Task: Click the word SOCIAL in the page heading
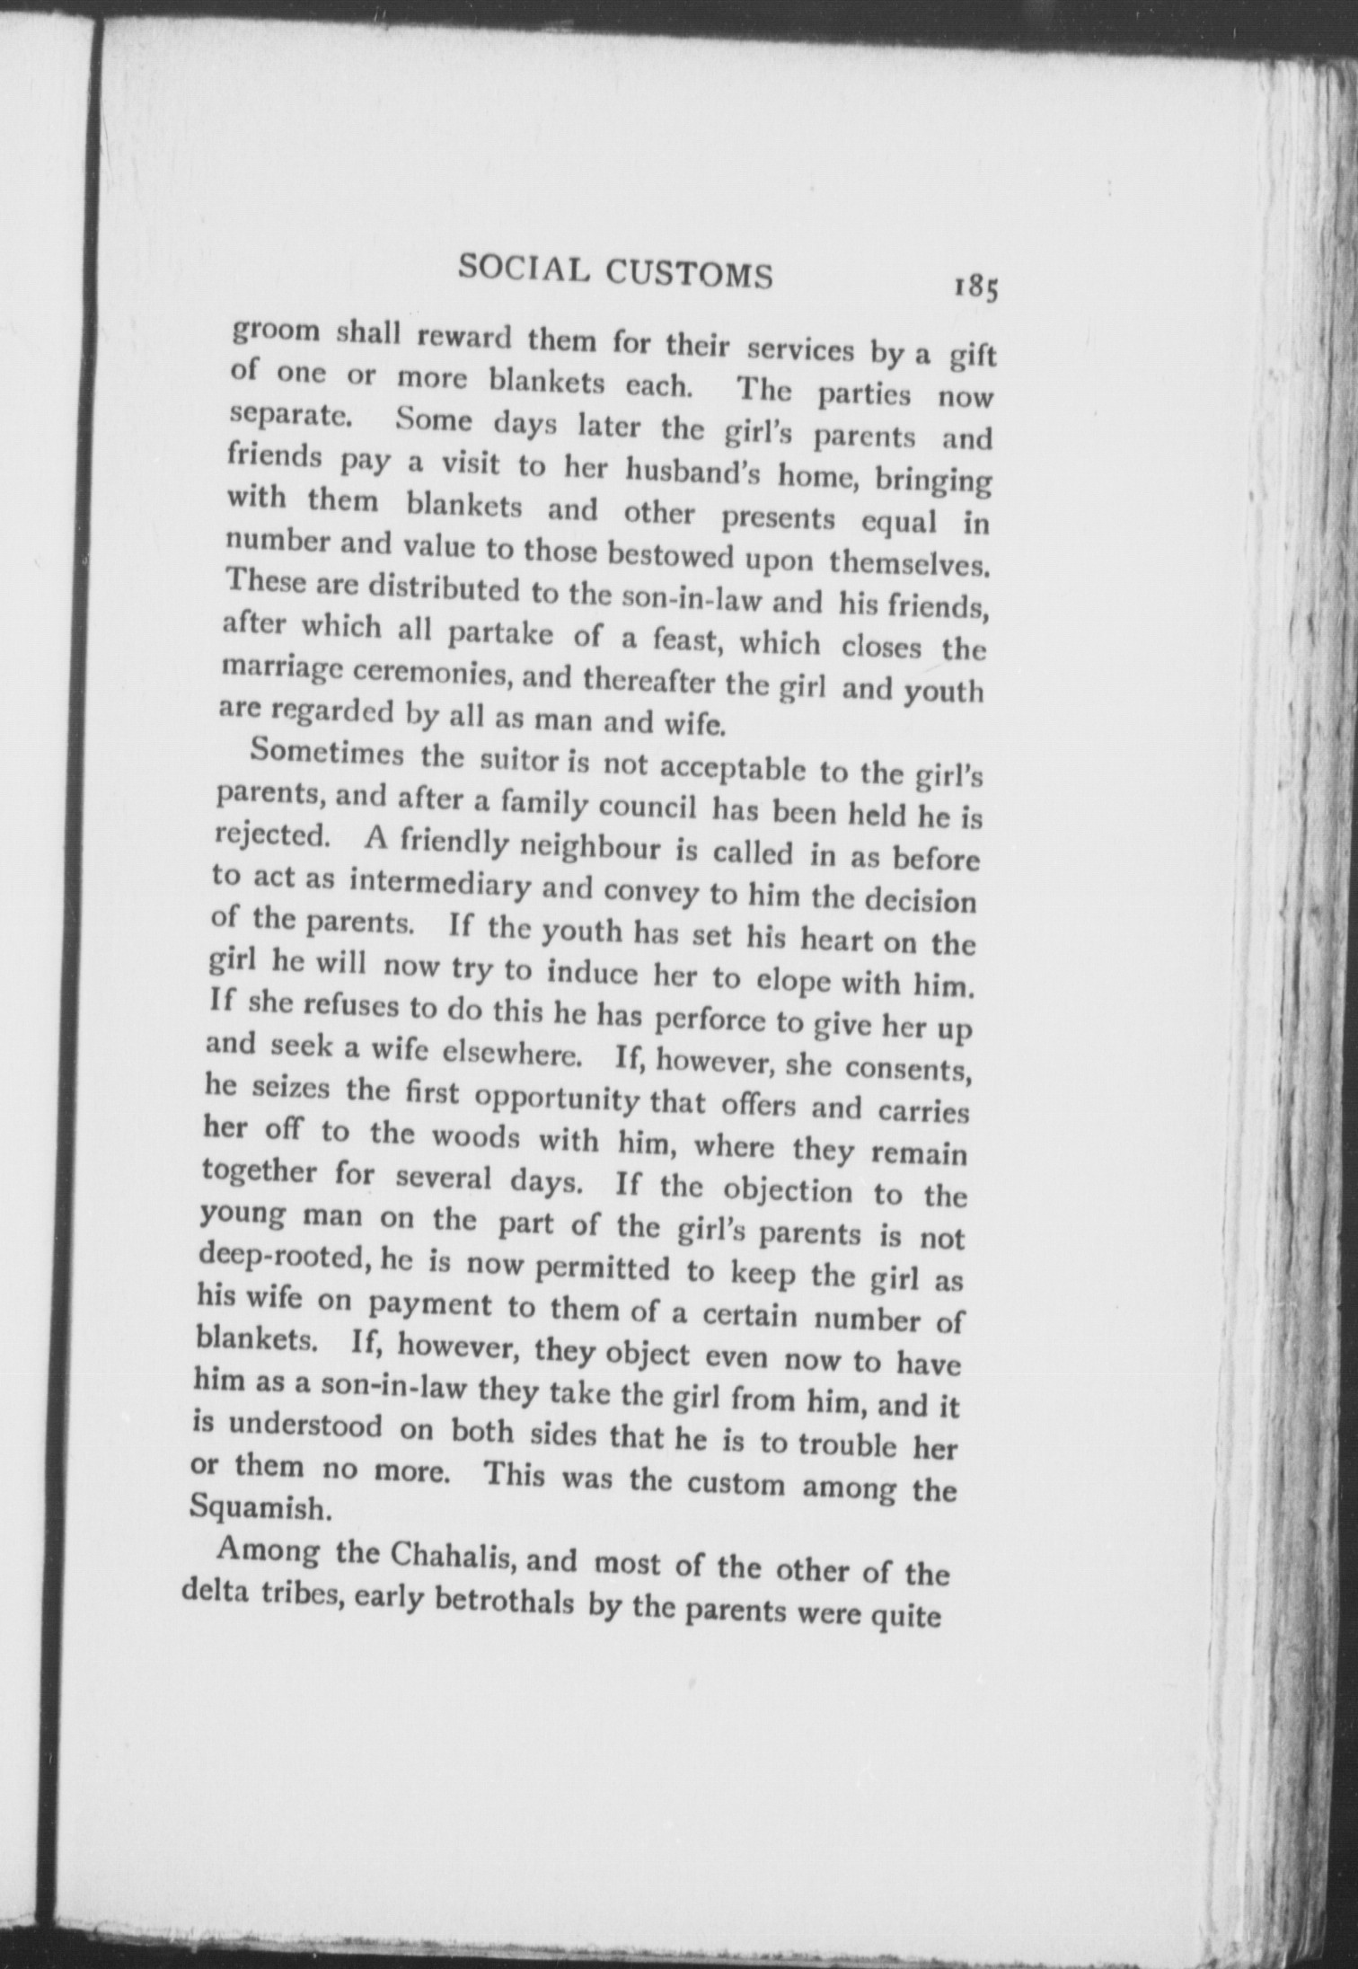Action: click(x=522, y=267)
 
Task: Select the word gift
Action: click(x=970, y=357)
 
